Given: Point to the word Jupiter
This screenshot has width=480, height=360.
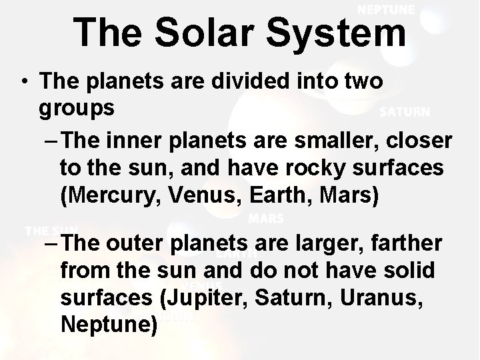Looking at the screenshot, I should point(207,299).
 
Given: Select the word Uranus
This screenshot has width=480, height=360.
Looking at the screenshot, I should point(379,299).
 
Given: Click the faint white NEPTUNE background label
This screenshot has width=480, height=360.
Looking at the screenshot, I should point(386,9).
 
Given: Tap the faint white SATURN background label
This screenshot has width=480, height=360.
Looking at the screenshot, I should point(405,112).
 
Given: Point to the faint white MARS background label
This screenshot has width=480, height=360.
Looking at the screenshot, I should point(265,218).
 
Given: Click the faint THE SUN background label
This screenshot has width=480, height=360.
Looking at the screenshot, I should point(51,231).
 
